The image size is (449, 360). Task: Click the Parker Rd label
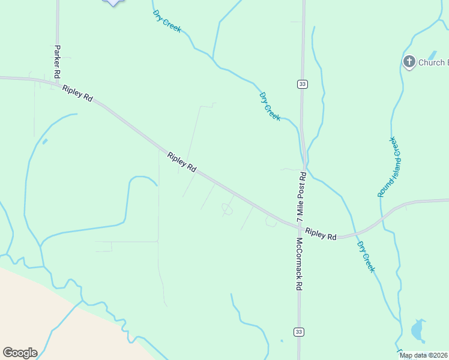[57, 62]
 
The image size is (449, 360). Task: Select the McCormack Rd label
[298, 264]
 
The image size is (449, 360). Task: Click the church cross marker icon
[409, 62]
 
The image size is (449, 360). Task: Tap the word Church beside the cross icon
[432, 62]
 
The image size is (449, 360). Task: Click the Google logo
[20, 353]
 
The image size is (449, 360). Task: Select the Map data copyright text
[424, 355]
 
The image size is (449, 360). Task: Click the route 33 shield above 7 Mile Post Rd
[302, 84]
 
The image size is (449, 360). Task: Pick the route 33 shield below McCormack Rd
[298, 332]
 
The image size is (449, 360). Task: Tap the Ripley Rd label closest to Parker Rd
[77, 93]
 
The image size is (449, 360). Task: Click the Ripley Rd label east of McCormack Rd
[321, 233]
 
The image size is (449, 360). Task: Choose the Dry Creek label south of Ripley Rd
[366, 257]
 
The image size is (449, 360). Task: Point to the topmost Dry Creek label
[166, 20]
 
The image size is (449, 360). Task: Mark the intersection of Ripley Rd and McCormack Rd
[299, 227]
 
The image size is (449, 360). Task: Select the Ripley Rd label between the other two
[182, 162]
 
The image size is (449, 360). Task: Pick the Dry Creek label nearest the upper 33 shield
[270, 106]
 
